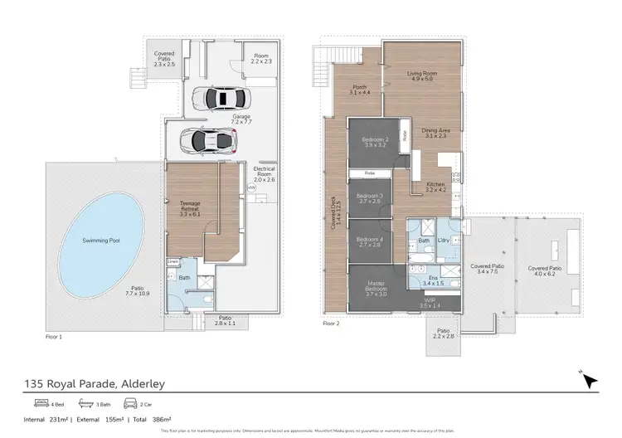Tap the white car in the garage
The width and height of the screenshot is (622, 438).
216,99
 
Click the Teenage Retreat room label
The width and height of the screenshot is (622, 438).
191,207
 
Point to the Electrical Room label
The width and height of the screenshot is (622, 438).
264,174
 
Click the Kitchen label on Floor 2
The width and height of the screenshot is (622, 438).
436,187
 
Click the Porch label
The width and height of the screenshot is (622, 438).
359,89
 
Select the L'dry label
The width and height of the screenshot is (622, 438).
444,241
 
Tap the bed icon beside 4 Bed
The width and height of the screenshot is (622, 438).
40,403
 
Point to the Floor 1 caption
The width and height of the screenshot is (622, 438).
54,338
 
